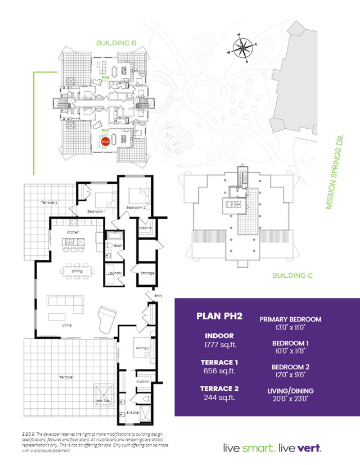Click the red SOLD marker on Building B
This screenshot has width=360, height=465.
coord(105,142)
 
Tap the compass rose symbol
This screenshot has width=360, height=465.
coord(243,47)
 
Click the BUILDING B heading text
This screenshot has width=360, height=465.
coord(117,43)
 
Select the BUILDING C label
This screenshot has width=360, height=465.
coord(292,276)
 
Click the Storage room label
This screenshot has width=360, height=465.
coord(147,273)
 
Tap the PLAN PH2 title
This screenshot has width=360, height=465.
coord(219,316)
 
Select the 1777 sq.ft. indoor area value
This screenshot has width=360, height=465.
coord(219,345)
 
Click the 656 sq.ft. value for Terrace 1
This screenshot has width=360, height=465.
coord(219,372)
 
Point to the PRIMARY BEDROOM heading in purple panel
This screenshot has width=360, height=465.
coord(290,319)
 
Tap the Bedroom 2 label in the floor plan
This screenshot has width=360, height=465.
coord(136,208)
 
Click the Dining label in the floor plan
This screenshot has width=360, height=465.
coord(77,271)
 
